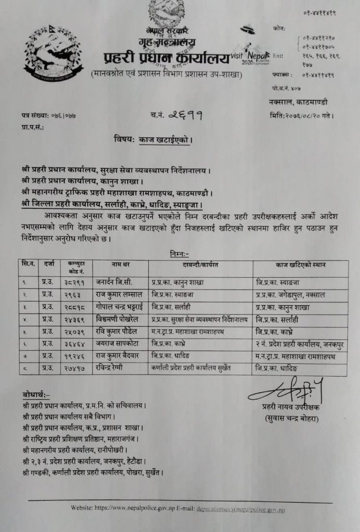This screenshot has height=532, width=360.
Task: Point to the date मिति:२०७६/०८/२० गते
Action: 301,115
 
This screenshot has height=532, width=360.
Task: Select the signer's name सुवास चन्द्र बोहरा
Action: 288,418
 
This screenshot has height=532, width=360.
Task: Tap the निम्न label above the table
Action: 180,254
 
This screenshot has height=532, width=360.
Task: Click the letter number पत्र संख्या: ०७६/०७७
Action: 49,115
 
